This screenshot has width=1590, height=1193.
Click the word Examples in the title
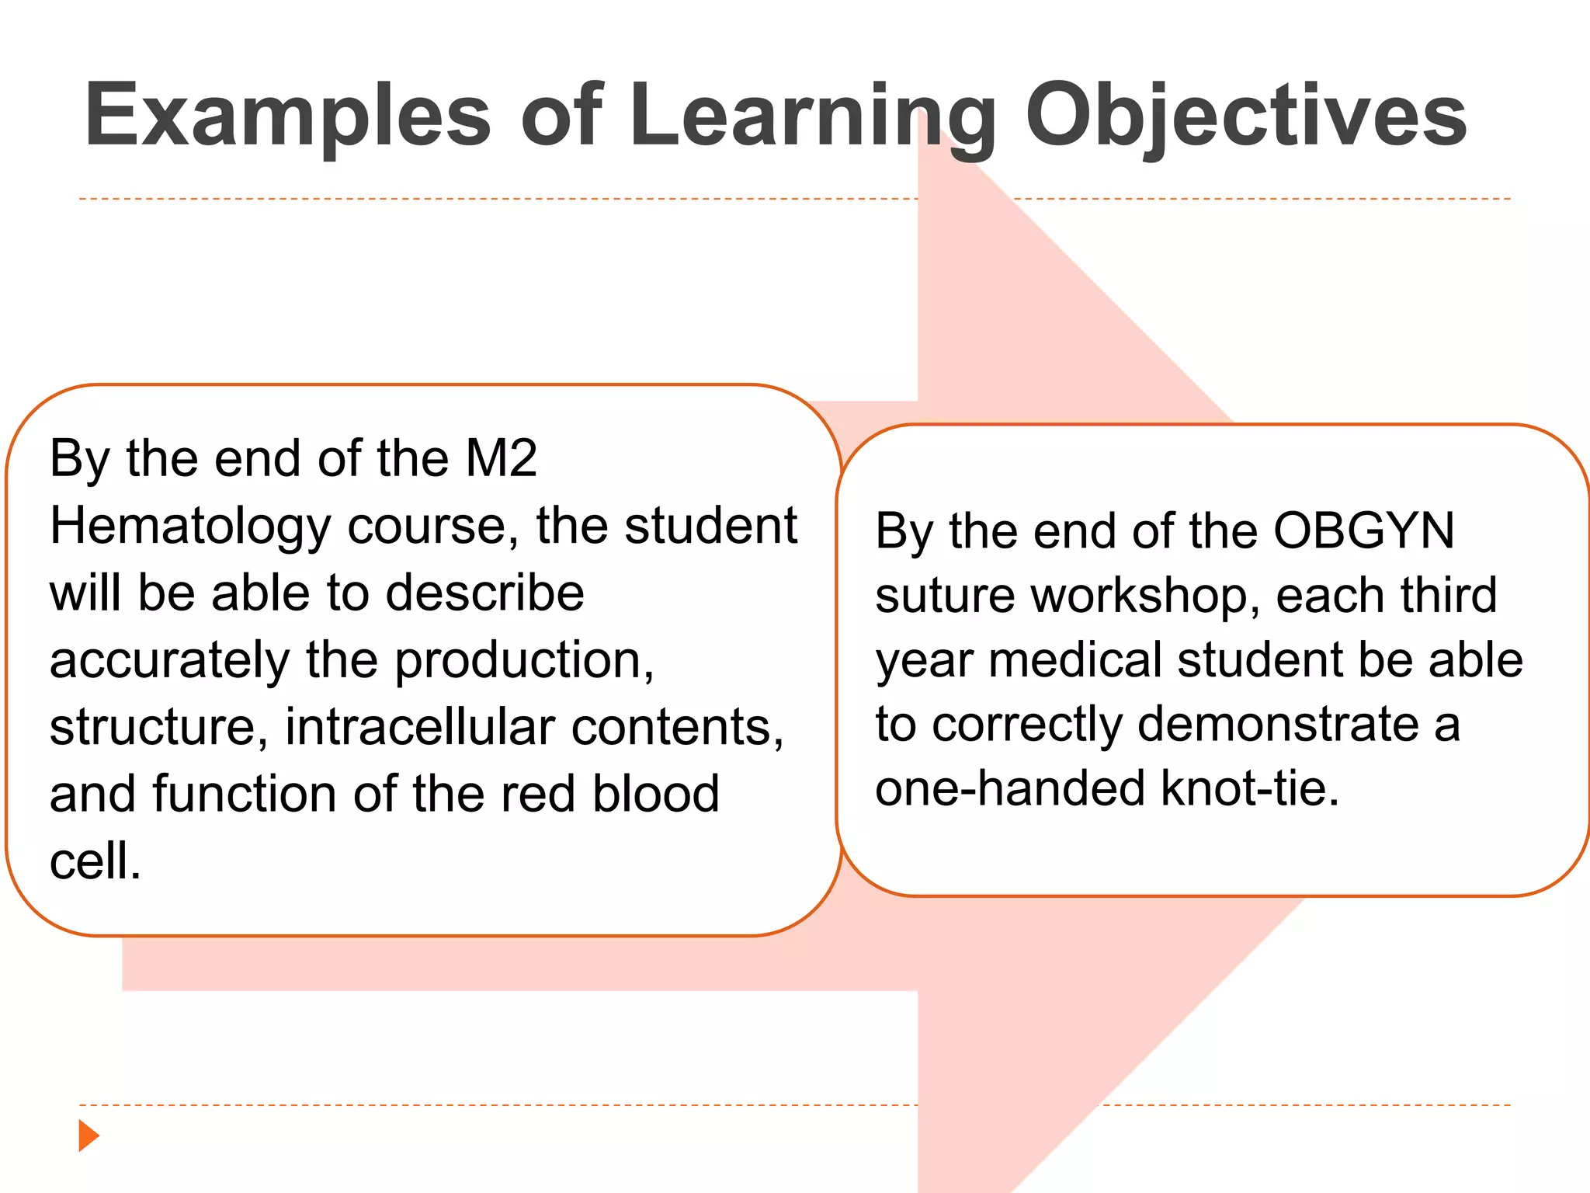(x=287, y=117)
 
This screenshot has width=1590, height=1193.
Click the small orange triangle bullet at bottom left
(x=89, y=1136)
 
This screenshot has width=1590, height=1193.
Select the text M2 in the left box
(x=501, y=458)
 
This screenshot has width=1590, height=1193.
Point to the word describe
(x=484, y=593)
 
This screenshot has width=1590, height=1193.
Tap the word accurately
(x=169, y=662)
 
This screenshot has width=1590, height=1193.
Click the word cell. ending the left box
(x=95, y=862)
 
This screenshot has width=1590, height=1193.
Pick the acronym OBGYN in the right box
(x=1363, y=531)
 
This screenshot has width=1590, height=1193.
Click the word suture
(x=945, y=596)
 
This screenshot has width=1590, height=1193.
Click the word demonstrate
(x=1278, y=725)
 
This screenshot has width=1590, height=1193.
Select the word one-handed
(x=1009, y=788)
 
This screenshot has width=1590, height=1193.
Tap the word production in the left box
(x=524, y=662)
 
